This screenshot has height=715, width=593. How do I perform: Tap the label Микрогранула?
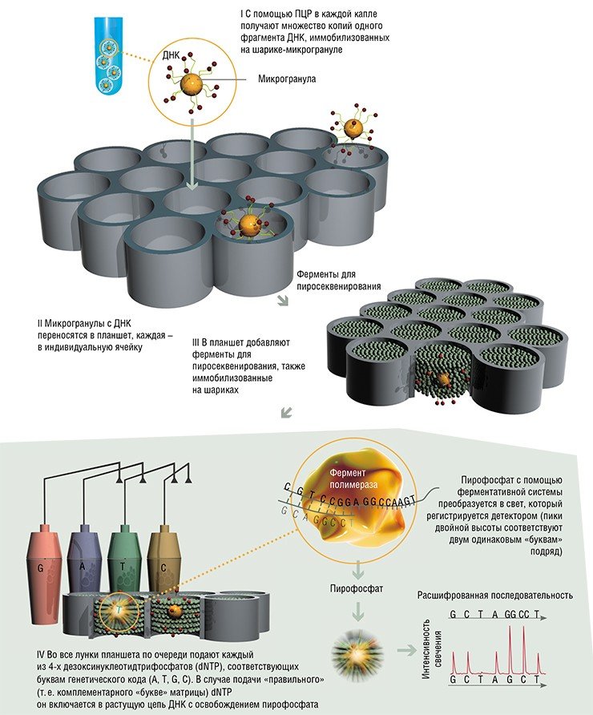[x=287, y=79]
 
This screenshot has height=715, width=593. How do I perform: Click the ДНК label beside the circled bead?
[x=171, y=55]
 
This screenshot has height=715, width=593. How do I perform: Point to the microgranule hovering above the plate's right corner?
[x=353, y=128]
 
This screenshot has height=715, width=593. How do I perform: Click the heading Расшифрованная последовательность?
[x=494, y=596]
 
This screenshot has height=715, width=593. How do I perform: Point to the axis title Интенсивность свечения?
[x=432, y=648]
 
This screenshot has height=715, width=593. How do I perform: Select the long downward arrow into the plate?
[x=193, y=155]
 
